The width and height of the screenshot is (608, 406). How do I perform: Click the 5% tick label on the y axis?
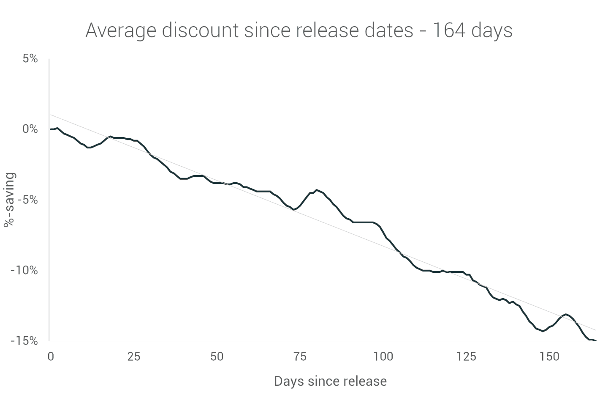click(30, 58)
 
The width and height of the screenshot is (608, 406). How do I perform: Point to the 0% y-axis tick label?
click(30, 129)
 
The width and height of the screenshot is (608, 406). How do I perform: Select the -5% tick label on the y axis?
click(27, 200)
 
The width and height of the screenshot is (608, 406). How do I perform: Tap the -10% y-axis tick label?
click(24, 270)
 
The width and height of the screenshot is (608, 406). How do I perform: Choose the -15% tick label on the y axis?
click(24, 340)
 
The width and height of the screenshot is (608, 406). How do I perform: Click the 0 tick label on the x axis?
click(51, 357)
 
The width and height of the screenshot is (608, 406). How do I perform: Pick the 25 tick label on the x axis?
click(133, 357)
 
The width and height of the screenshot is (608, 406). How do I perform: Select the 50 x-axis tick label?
click(217, 357)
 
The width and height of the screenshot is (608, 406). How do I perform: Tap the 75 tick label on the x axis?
click(300, 357)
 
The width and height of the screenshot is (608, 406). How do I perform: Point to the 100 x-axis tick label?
click(383, 357)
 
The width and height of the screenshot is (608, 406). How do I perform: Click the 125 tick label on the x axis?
click(466, 357)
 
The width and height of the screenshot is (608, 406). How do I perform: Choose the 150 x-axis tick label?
click(549, 357)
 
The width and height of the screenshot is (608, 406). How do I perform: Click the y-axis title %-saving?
click(9, 200)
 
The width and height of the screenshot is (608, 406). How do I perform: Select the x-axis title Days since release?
click(330, 381)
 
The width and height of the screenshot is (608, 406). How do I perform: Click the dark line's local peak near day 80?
click(317, 190)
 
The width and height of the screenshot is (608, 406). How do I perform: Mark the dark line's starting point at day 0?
click(51, 129)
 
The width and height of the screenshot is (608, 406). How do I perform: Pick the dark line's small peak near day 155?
click(566, 314)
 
